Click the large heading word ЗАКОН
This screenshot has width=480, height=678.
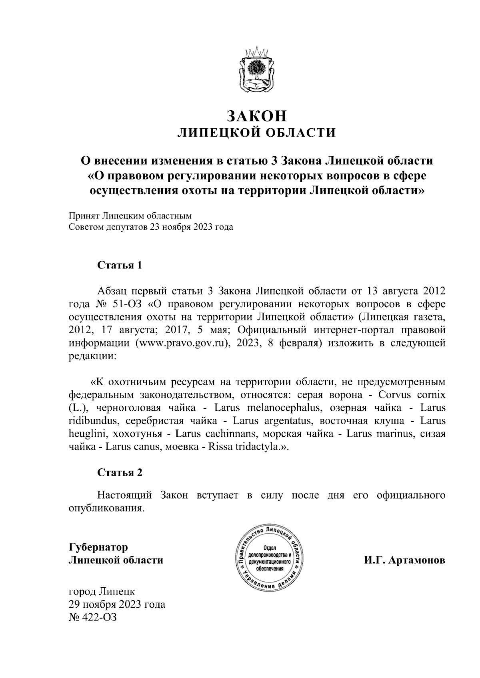pyautogui.click(x=257, y=115)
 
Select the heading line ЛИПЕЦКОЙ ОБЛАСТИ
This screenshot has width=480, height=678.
pyautogui.click(x=257, y=132)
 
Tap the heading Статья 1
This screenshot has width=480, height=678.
pyautogui.click(x=120, y=266)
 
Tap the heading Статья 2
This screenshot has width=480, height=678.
pyautogui.click(x=120, y=473)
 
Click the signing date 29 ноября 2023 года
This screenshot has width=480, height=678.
pyautogui.click(x=117, y=604)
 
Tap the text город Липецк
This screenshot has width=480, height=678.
pyautogui.click(x=102, y=591)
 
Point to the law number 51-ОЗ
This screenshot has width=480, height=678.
pyautogui.click(x=127, y=304)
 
